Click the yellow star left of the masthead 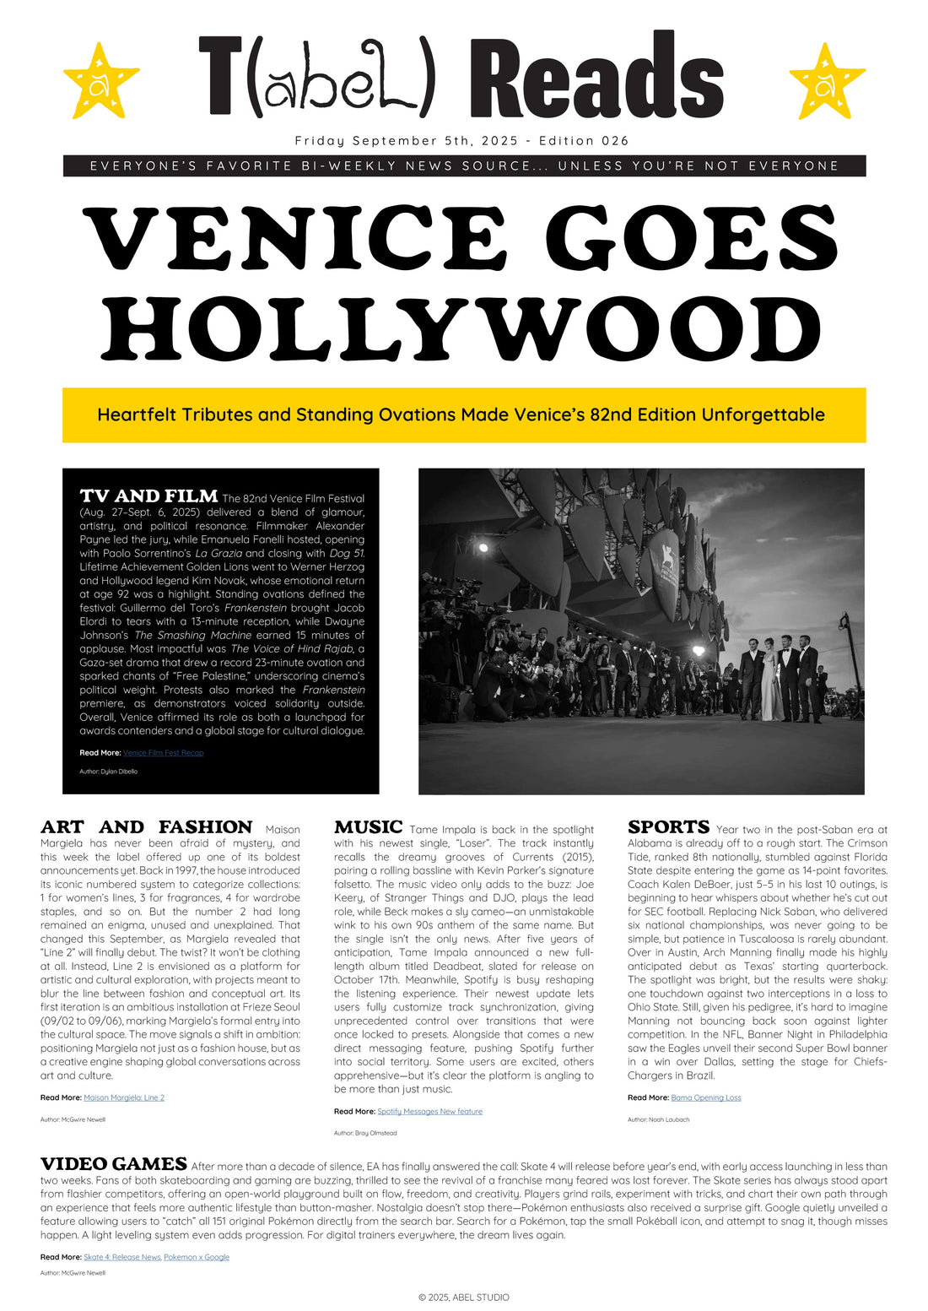pos(100,82)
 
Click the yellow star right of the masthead pos(827,82)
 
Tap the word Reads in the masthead pos(596,78)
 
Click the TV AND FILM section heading pos(148,496)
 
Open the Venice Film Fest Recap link pos(163,753)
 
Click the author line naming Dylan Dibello pos(108,772)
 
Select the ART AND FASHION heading pos(146,827)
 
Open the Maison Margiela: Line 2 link pos(124,1097)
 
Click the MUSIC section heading pos(368,827)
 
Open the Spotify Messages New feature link pos(429,1112)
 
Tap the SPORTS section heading pos(668,827)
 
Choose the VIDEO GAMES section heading pos(113,1164)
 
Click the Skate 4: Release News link pos(122,1257)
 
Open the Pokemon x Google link pos(197,1257)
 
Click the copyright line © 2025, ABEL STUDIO pos(464,1297)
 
